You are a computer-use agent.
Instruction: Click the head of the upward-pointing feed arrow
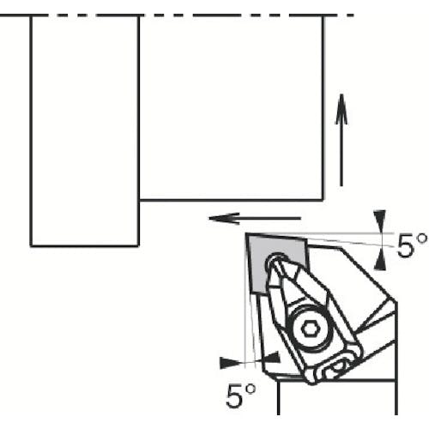[x=341, y=109]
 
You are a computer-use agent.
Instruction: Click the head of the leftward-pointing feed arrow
[x=224, y=218]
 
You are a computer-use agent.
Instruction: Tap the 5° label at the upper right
[x=412, y=245]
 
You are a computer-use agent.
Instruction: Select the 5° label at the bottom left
[x=241, y=396]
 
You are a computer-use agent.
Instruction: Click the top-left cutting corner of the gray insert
[x=246, y=234]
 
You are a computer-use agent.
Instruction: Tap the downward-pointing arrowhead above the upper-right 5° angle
[x=380, y=221]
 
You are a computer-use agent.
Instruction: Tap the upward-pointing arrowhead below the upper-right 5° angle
[x=380, y=259]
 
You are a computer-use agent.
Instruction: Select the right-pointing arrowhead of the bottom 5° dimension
[x=231, y=363]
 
